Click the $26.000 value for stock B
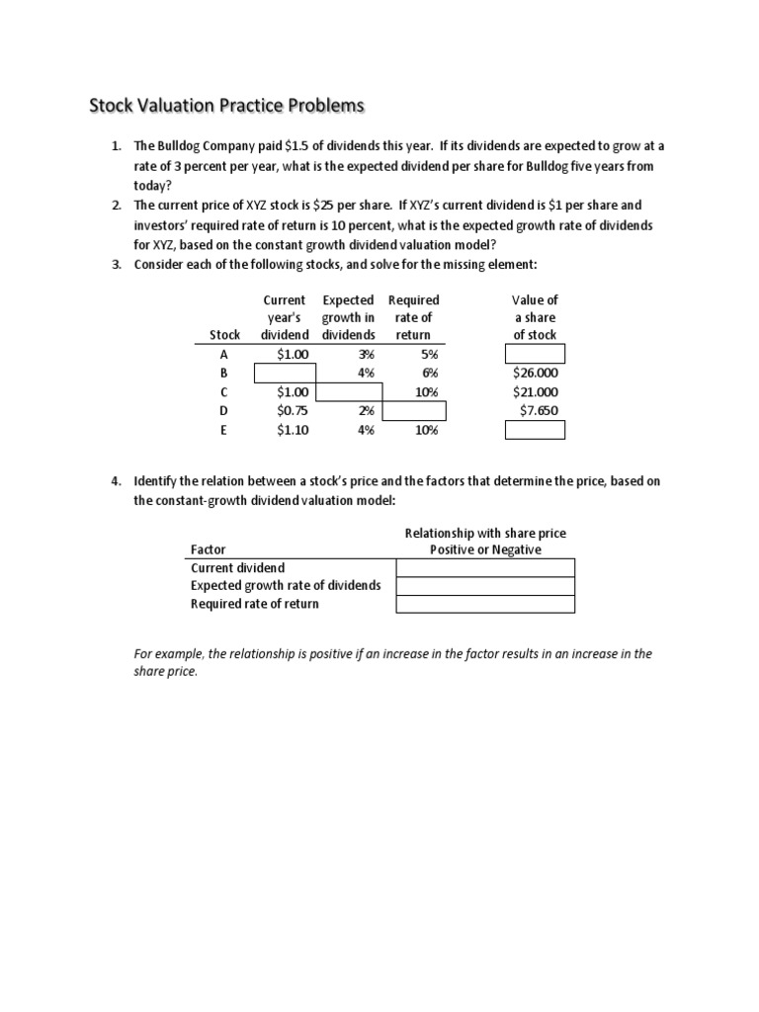coord(535,373)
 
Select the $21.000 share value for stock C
coord(535,391)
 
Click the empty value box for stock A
coord(535,354)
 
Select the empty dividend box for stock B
coord(286,373)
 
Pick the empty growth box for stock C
coord(348,391)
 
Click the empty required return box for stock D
coord(413,410)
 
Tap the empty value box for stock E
coord(535,429)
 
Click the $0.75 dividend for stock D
coord(294,410)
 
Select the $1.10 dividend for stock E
coord(294,429)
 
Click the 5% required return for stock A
coord(427,354)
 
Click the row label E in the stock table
coord(224,429)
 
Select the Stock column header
coord(224,335)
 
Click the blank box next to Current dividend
coord(485,567)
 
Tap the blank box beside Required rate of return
coord(485,604)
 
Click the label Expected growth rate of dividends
coord(285,585)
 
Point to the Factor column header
coord(208,549)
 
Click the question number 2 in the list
coord(116,206)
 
